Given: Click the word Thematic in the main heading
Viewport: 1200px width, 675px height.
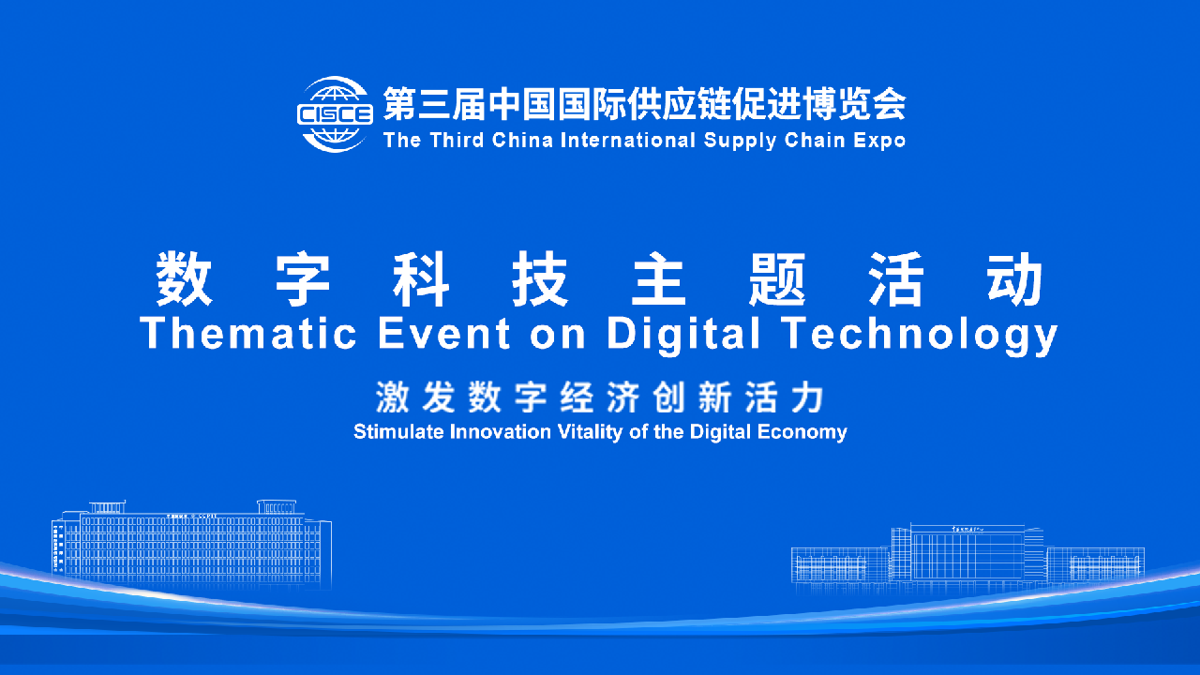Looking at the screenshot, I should pyautogui.click(x=248, y=333).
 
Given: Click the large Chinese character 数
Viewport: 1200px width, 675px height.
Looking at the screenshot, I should pyautogui.click(x=186, y=278).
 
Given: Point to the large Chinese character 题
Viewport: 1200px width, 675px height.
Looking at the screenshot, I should pyautogui.click(x=778, y=278).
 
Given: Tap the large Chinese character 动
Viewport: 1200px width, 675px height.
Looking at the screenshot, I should pyautogui.click(x=1015, y=278).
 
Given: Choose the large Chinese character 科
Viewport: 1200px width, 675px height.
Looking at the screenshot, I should pyautogui.click(x=423, y=278).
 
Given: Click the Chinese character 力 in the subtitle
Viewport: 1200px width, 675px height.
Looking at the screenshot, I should pyautogui.click(x=807, y=398).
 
